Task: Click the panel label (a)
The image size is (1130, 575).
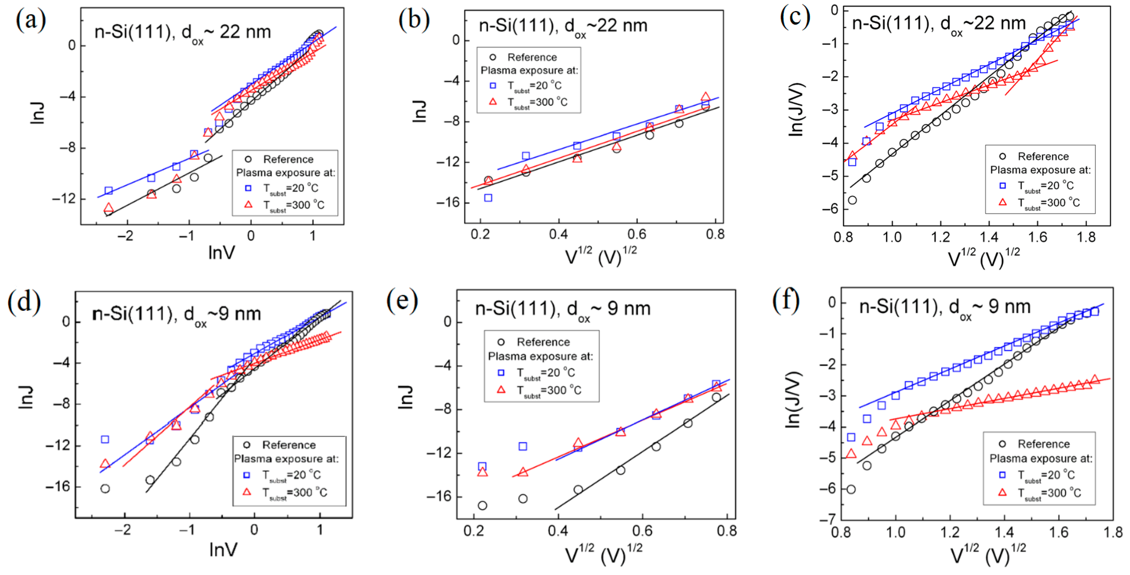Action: point(30,20)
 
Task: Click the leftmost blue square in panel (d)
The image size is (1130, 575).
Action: point(105,439)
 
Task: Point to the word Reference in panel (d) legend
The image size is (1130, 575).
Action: point(289,445)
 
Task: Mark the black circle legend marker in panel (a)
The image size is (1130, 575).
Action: point(248,159)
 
